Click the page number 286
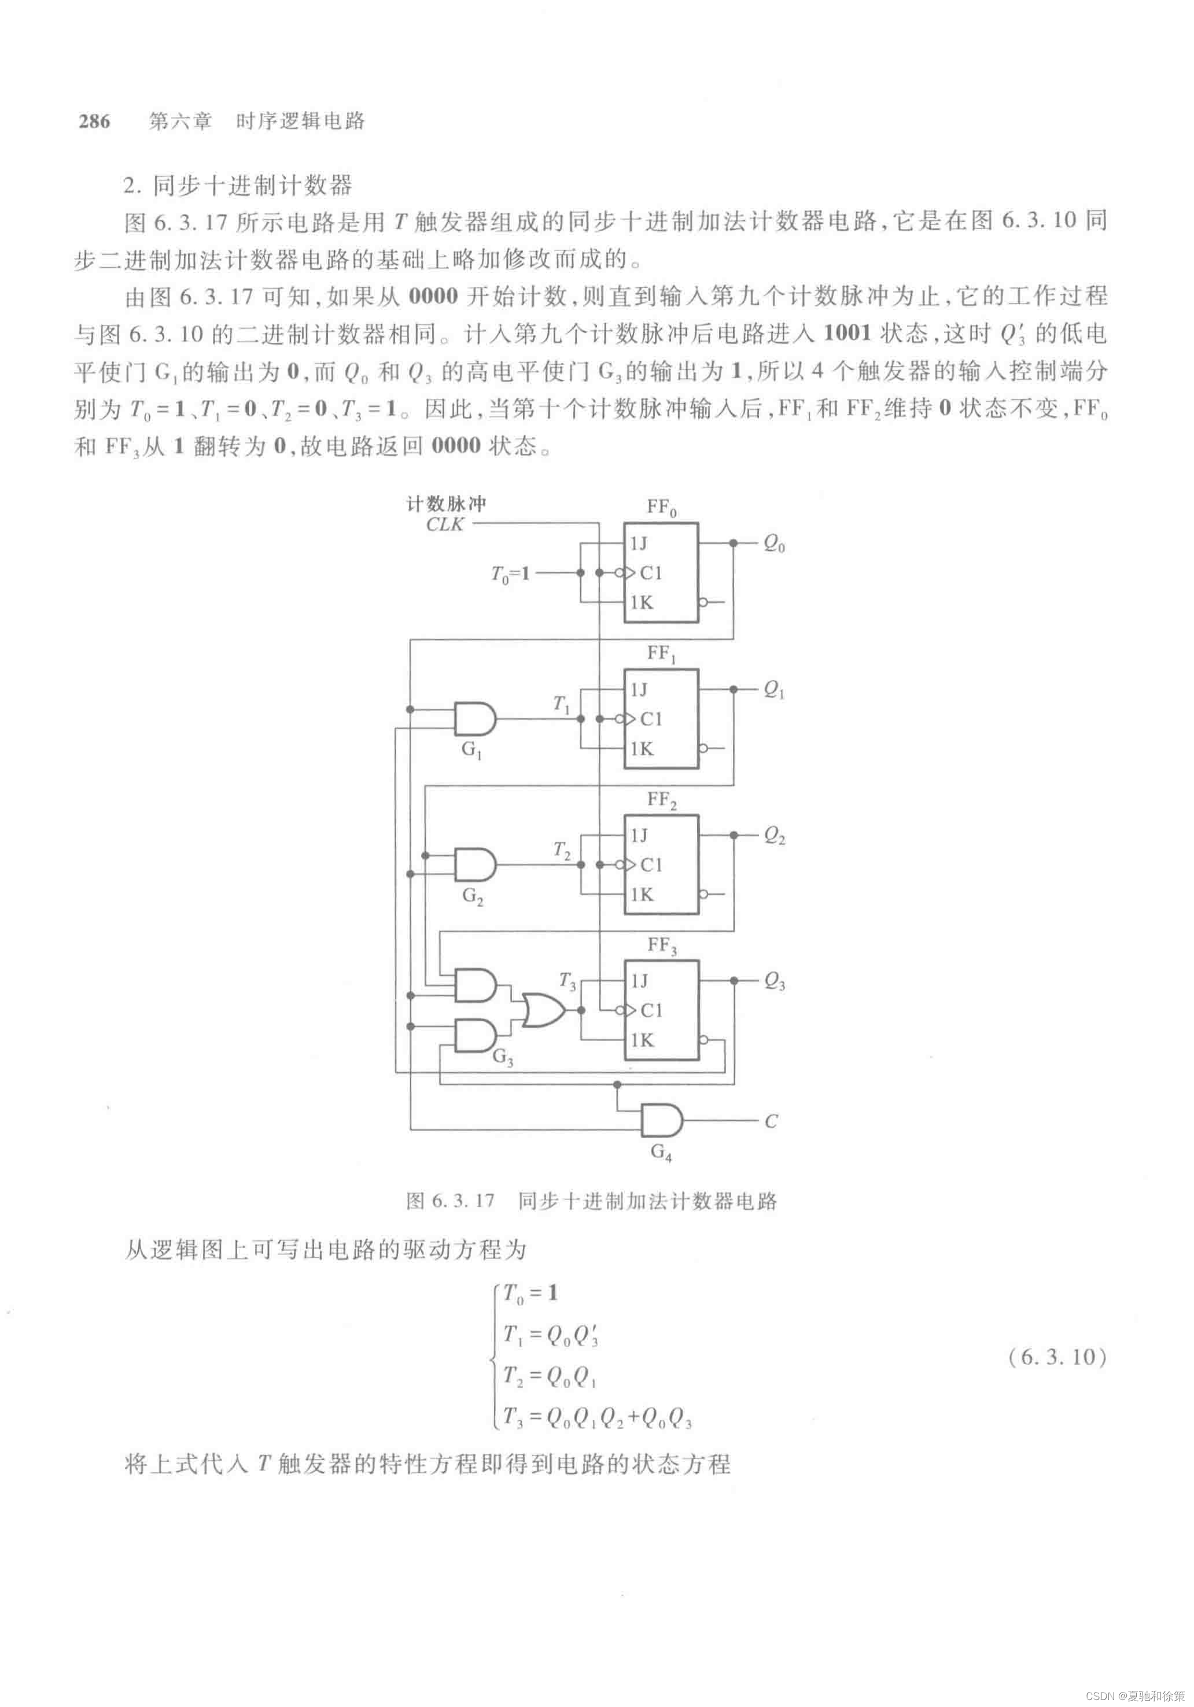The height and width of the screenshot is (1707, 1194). pos(94,121)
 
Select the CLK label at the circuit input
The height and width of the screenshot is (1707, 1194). pos(445,524)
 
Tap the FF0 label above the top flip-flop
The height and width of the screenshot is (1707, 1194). pos(661,508)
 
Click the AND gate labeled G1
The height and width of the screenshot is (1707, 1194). pos(474,719)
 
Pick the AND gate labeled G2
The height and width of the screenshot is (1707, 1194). pos(474,865)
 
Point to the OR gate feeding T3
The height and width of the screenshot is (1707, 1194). pos(542,1010)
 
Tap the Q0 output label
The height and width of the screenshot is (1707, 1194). pos(773,544)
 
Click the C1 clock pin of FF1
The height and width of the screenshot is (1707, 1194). pos(650,719)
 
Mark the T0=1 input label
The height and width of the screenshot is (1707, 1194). pos(510,574)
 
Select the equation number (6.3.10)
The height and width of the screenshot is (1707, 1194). pos(1057,1357)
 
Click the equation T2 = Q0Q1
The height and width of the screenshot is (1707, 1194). pos(550,1376)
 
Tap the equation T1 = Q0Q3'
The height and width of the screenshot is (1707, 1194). pos(551,1335)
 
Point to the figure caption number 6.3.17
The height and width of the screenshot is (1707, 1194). pos(450,1201)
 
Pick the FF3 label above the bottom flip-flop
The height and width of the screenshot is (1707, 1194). pos(661,946)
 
